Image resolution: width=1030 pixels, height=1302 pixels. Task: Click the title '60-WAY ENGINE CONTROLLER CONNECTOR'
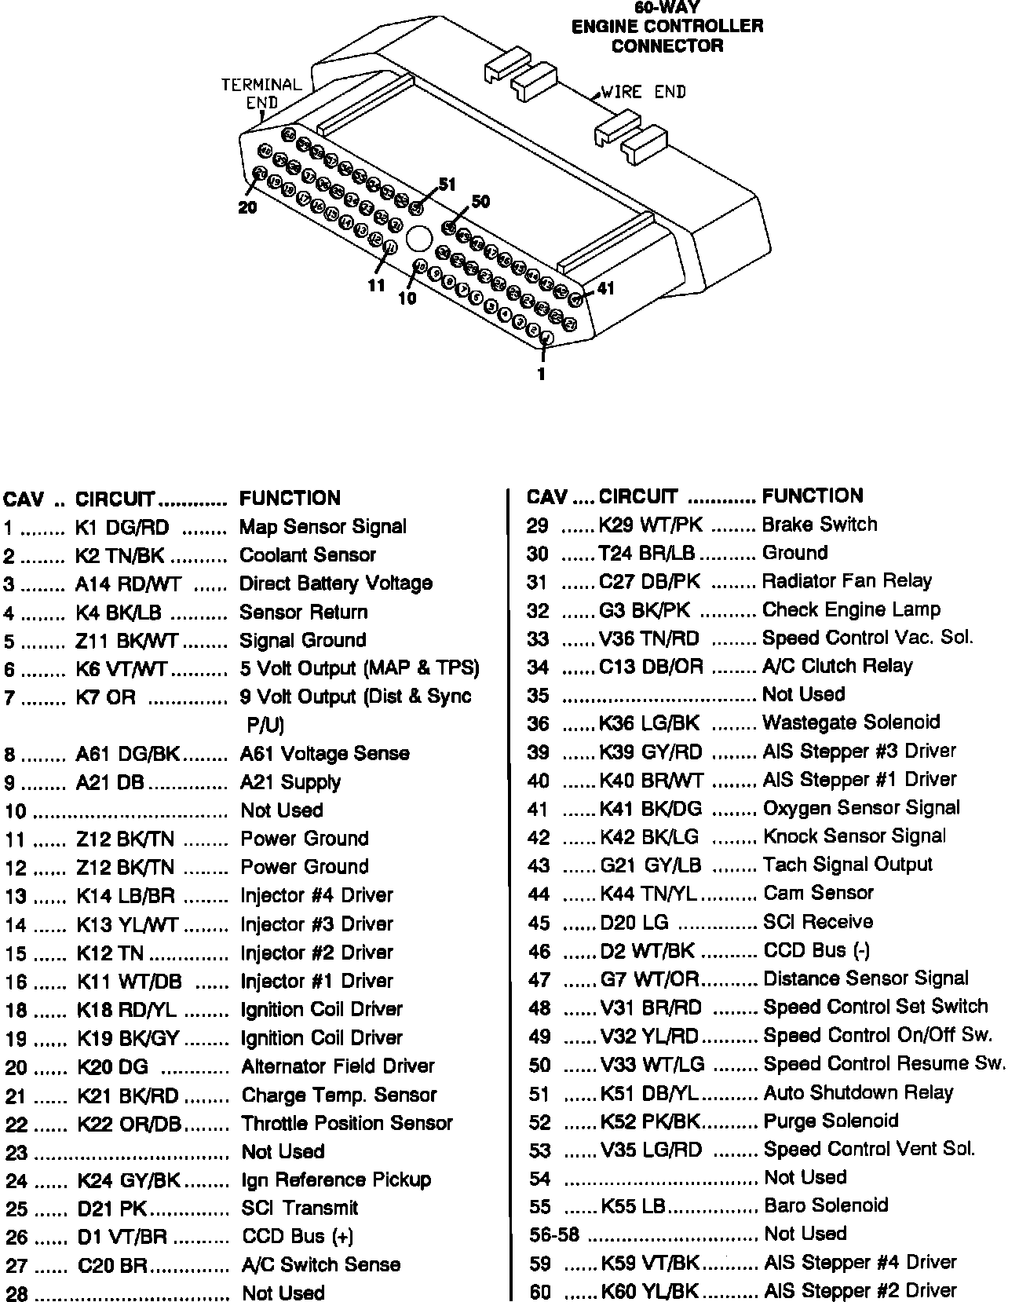pos(667,27)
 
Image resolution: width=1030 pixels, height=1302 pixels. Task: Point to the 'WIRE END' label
pos(643,92)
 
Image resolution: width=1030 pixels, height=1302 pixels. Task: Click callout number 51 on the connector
pos(447,185)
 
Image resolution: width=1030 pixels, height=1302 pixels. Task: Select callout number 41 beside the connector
pos(605,288)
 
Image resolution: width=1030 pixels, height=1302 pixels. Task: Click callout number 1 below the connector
pos(541,375)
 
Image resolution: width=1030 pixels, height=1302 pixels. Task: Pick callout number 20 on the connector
pos(247,208)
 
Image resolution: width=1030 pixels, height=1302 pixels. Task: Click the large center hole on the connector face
pos(419,239)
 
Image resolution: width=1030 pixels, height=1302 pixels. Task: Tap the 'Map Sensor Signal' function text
pos(323,526)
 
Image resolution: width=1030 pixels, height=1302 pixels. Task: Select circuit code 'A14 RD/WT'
pos(128,583)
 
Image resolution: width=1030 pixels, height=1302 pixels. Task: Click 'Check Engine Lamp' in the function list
pos(851,609)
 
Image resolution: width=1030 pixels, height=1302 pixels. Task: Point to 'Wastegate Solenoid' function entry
pos(851,722)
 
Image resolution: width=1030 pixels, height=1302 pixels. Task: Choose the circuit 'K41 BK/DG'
pos(651,808)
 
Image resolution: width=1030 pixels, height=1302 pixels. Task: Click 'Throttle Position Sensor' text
pos(347,1123)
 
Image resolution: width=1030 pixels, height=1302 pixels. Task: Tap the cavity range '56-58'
pos(554,1234)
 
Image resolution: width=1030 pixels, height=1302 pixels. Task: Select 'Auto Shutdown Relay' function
pos(858,1092)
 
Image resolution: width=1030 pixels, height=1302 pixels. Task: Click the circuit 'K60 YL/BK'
pos(650,1290)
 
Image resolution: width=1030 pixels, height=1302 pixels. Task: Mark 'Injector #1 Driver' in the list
pos(317,981)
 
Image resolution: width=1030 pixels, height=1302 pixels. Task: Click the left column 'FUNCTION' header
pos(290,498)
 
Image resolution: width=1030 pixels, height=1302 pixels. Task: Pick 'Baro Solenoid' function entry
pos(826,1205)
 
